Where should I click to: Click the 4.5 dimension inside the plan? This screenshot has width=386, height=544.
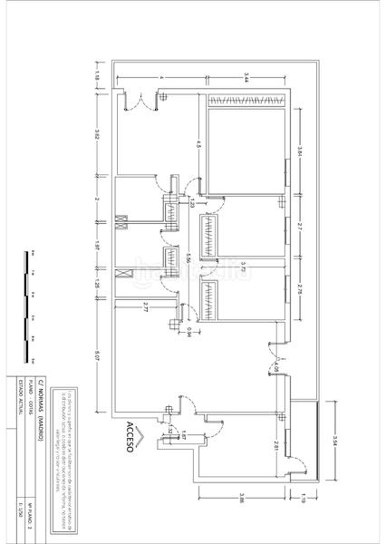(198, 145)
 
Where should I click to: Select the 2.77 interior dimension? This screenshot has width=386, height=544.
(145, 310)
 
